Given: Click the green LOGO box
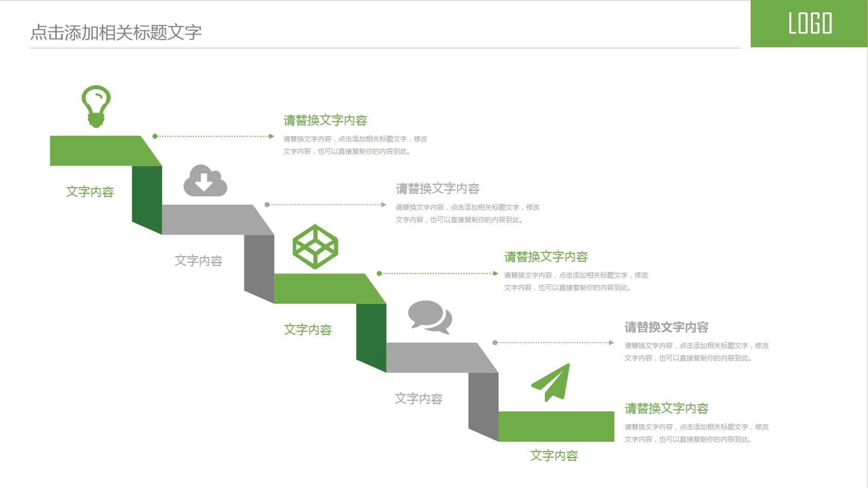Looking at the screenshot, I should click(x=809, y=24).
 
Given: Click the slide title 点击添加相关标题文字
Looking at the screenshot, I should click(x=116, y=32).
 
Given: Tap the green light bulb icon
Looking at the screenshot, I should click(x=96, y=106).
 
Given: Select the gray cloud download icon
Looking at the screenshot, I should click(x=205, y=180).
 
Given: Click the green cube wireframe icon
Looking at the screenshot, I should click(x=315, y=247).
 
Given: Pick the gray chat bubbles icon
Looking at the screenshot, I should click(x=430, y=317).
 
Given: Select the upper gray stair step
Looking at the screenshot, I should click(x=211, y=220).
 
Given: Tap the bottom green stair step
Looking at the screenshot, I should click(x=556, y=426).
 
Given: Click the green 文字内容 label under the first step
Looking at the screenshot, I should click(x=90, y=192).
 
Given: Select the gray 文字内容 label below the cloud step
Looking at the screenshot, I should click(x=198, y=261).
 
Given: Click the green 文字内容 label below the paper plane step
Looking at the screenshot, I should click(x=554, y=456).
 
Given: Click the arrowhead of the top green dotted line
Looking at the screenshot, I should click(x=272, y=136).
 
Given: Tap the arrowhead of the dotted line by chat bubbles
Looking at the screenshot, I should click(x=611, y=342).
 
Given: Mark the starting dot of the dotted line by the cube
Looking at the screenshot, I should click(x=379, y=274).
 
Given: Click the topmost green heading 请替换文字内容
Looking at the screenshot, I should click(x=325, y=120).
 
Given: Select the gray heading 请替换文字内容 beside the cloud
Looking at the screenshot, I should click(x=437, y=189).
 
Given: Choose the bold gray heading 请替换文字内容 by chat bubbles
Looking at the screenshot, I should click(x=666, y=327).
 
